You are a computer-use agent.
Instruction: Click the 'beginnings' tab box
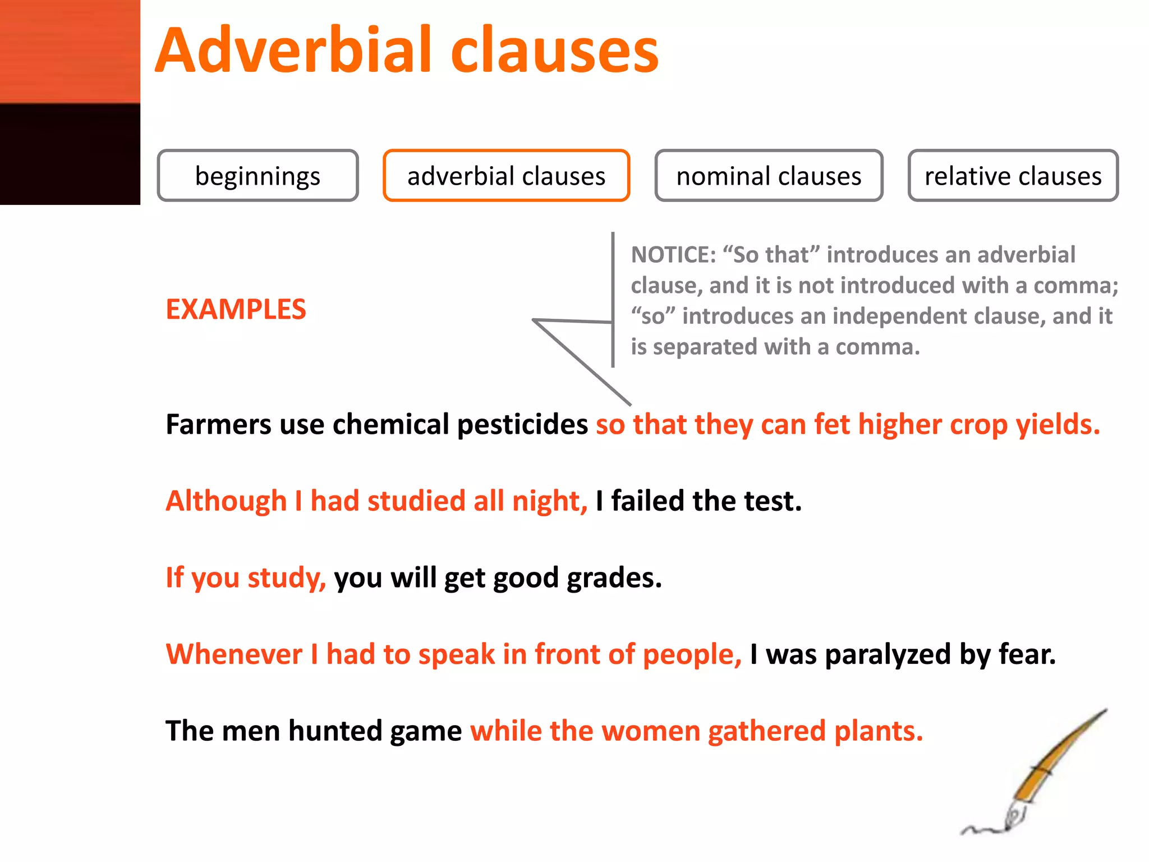258,176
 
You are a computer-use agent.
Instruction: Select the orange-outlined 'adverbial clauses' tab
506,176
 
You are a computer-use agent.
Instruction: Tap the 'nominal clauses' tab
769,176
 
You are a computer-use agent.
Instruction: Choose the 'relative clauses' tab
1013,176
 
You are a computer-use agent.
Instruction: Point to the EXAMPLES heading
236,309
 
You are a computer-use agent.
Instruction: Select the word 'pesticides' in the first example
522,425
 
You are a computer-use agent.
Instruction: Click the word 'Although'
226,501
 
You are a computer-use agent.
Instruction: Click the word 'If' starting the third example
174,577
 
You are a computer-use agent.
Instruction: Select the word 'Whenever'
234,654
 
